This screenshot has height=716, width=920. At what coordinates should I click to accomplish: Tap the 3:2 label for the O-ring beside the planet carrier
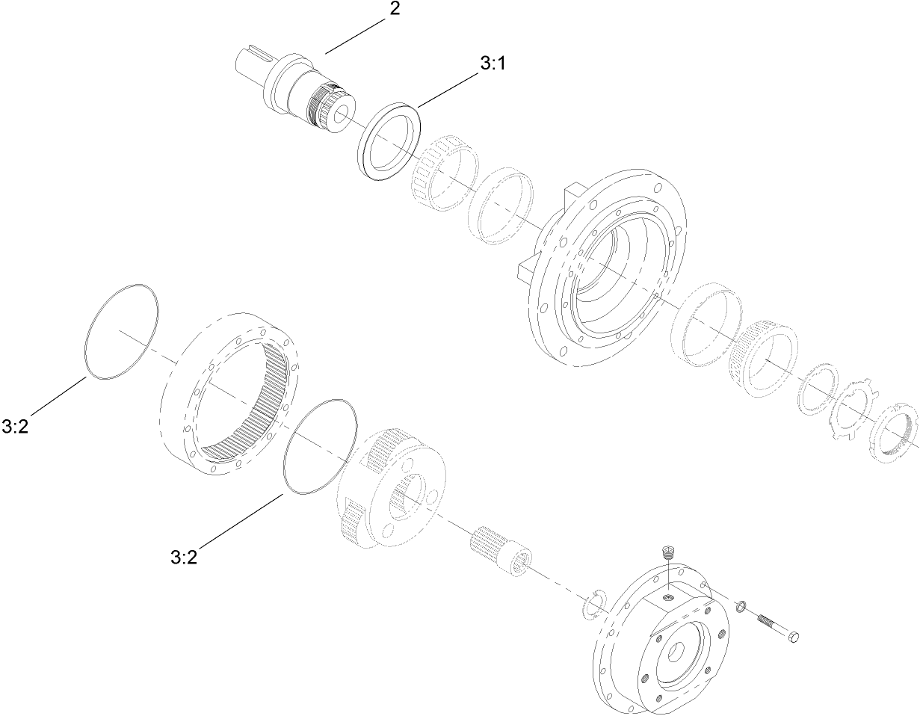[x=184, y=557]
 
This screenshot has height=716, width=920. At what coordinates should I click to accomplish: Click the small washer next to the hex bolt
[x=740, y=606]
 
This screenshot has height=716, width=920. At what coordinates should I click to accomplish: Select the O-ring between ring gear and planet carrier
[x=318, y=446]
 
